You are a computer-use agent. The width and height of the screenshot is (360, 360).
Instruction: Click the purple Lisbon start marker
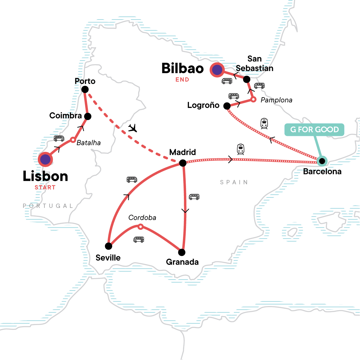(x=45, y=159)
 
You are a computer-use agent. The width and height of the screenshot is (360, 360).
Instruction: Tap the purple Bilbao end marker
(x=217, y=70)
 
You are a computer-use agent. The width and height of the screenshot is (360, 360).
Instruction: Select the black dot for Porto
(x=85, y=89)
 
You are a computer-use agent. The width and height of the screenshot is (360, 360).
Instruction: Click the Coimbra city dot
(x=88, y=116)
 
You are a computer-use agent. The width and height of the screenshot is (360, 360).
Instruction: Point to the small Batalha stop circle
(x=73, y=140)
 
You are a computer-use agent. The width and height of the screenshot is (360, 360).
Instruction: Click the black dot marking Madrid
(x=183, y=163)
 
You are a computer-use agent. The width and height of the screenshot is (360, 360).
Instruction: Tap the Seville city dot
(x=109, y=246)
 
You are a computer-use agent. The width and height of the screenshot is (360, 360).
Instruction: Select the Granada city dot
(x=181, y=252)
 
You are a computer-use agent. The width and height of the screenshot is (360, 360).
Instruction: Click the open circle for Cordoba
(x=140, y=226)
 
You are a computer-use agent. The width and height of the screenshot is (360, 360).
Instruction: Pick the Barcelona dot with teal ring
(x=322, y=161)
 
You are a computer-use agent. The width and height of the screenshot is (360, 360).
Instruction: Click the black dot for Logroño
(x=227, y=106)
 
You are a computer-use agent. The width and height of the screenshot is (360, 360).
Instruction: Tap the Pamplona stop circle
(x=253, y=99)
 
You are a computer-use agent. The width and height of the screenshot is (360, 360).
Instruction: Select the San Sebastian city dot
(x=247, y=79)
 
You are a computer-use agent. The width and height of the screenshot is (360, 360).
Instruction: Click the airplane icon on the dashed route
(x=133, y=128)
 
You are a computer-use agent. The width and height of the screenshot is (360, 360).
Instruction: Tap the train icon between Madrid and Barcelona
(x=241, y=149)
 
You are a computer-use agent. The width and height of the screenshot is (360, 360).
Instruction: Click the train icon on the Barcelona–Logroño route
(x=264, y=123)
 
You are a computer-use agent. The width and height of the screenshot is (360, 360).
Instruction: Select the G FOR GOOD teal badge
(x=314, y=130)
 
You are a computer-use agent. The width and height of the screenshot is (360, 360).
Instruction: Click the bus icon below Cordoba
(x=139, y=239)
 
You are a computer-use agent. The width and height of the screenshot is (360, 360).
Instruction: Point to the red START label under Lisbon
(x=45, y=187)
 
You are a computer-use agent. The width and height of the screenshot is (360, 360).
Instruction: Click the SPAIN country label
(x=234, y=182)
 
